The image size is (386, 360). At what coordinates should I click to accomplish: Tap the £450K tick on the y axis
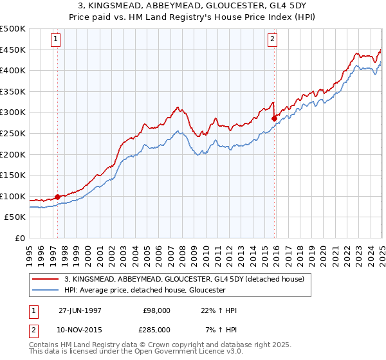pyautogui.click(x=13, y=50)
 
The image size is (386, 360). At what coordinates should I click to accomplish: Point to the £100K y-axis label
pyautogui.click(x=13, y=196)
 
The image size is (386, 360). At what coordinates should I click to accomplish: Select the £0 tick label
pyautogui.click(x=20, y=238)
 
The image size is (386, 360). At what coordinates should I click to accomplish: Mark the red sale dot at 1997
pyautogui.click(x=58, y=197)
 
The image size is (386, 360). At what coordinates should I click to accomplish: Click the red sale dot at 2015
pyautogui.click(x=274, y=118)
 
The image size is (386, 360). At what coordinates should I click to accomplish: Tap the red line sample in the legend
pyautogui.click(x=45, y=279)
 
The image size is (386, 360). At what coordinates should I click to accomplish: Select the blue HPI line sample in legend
pyautogui.click(x=45, y=290)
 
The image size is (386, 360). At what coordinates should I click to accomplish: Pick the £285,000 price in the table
pyautogui.click(x=156, y=329)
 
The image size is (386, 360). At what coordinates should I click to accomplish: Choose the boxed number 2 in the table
pyautogui.click(x=33, y=329)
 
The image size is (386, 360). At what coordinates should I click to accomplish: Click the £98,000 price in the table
pyautogui.click(x=156, y=310)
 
